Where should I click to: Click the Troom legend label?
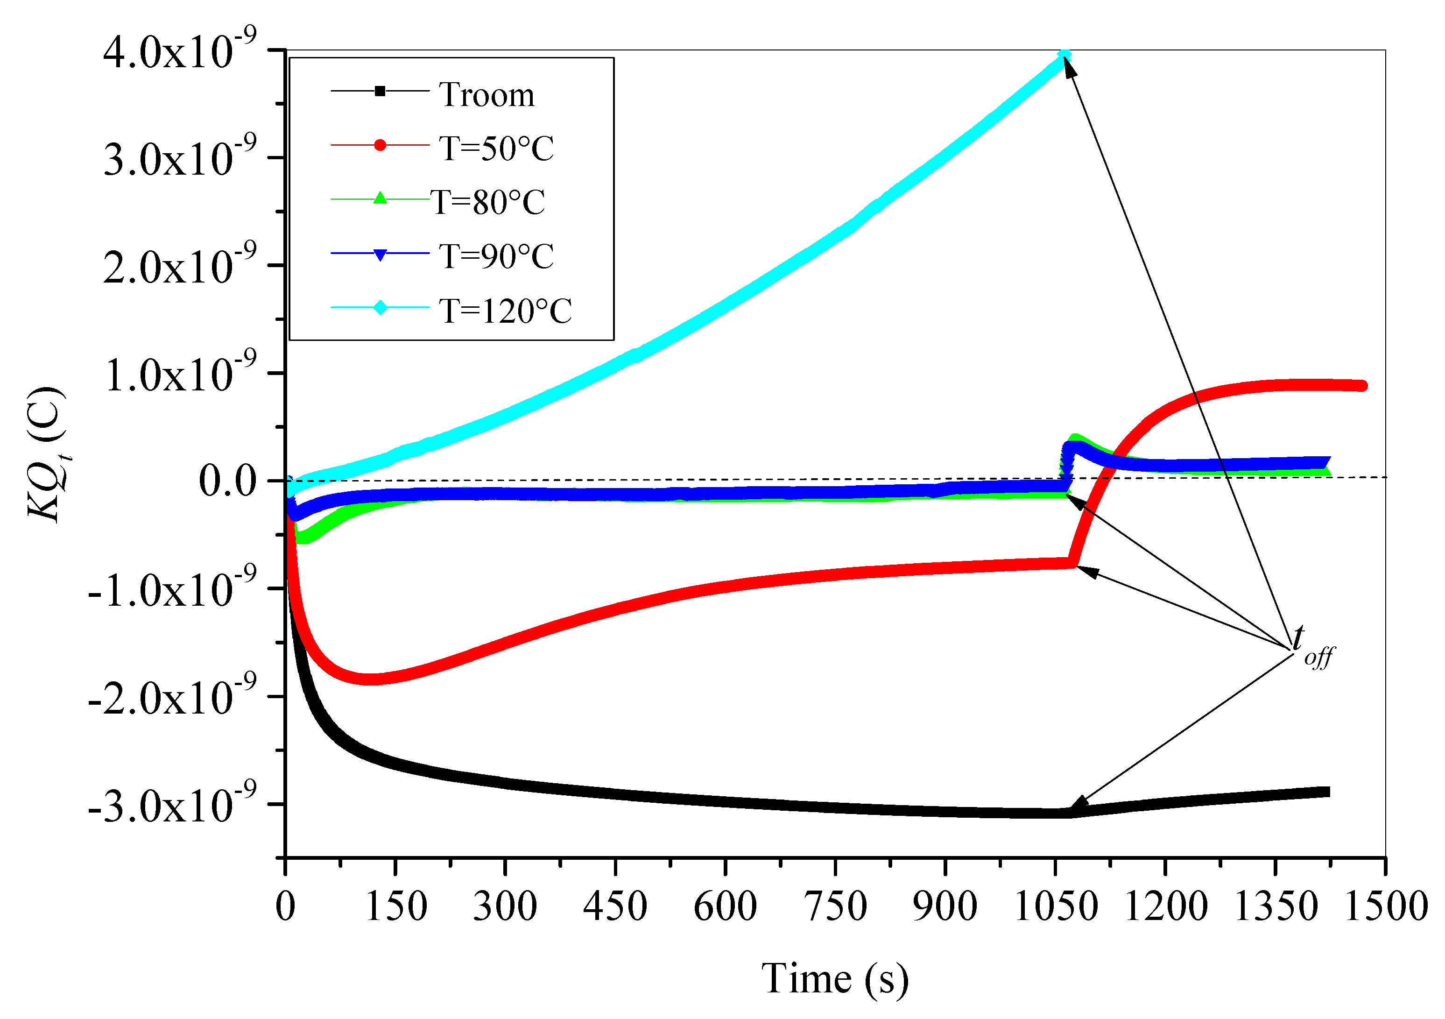[x=486, y=95]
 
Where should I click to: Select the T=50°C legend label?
[x=496, y=149]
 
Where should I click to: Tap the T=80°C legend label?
[x=488, y=203]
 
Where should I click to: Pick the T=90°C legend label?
[x=496, y=257]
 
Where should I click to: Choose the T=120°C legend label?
[x=505, y=311]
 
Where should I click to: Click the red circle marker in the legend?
[x=380, y=145]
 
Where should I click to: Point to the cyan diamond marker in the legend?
[x=380, y=308]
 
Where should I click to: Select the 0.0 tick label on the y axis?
[x=228, y=481]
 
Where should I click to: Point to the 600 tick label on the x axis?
[x=725, y=906]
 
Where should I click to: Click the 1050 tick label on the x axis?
[x=1056, y=906]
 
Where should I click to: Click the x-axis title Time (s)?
[x=835, y=979]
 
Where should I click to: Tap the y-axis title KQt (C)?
[x=45, y=454]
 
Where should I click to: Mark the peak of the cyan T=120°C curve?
[x=1064, y=57]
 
